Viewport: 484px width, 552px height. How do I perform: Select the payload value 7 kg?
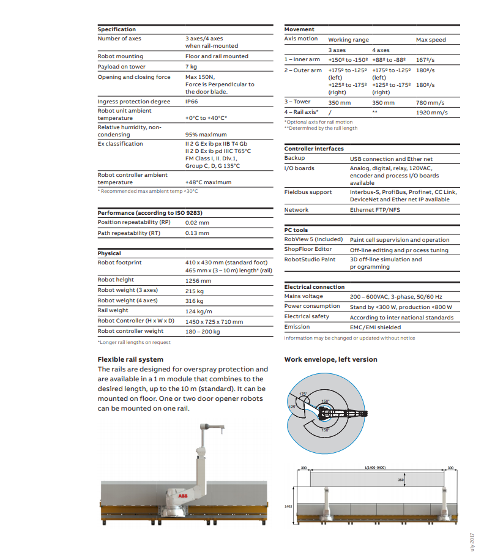point(191,66)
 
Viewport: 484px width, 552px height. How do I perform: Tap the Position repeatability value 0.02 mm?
point(197,223)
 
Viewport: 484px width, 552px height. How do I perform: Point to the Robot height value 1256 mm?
point(198,281)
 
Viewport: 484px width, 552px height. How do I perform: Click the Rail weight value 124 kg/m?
point(199,311)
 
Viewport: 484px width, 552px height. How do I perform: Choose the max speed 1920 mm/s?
point(431,113)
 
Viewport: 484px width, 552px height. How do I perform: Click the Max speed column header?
point(431,40)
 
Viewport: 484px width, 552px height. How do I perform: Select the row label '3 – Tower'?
point(297,102)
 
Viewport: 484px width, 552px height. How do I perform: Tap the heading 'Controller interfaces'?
point(314,149)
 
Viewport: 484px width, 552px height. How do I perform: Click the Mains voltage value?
point(396,297)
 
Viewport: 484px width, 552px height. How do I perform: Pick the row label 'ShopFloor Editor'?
point(308,250)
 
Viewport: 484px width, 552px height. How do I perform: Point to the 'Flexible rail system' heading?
point(130,360)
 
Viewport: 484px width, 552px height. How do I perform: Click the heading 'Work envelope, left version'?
point(330,360)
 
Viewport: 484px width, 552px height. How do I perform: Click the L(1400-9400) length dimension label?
point(375,468)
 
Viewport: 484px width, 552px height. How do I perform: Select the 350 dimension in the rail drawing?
point(401,480)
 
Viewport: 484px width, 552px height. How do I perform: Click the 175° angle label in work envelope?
point(302,395)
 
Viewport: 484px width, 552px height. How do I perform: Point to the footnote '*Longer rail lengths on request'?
point(134,343)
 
